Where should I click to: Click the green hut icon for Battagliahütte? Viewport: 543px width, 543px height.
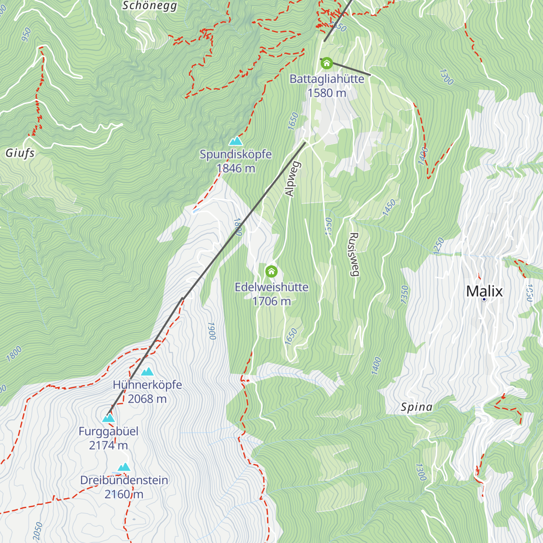click(326, 63)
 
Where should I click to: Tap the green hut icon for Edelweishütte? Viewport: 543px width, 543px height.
click(271, 271)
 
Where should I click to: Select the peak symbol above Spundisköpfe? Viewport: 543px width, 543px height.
click(235, 141)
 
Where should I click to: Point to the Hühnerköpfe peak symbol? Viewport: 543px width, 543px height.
click(147, 372)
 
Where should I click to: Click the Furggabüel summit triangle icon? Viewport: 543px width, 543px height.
click(109, 418)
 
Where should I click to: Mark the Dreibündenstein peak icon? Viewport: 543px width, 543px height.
click(124, 467)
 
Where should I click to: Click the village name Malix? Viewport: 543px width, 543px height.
click(484, 291)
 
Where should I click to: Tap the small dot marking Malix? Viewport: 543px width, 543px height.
click(484, 300)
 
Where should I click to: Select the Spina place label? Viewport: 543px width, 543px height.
click(416, 407)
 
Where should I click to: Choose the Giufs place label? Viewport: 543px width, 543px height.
click(20, 153)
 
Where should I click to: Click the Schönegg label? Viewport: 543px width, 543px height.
click(150, 6)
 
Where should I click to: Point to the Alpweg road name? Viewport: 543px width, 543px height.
click(291, 179)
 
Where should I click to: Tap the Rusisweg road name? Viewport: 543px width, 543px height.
click(354, 254)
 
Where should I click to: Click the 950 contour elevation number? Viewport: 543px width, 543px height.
click(26, 34)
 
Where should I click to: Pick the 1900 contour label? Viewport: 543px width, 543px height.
click(211, 331)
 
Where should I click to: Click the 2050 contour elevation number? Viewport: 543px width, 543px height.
click(38, 530)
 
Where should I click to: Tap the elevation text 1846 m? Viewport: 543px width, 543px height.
click(236, 168)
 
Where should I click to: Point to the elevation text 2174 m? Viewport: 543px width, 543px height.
click(108, 445)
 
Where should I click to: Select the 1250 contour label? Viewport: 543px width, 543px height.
click(438, 246)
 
